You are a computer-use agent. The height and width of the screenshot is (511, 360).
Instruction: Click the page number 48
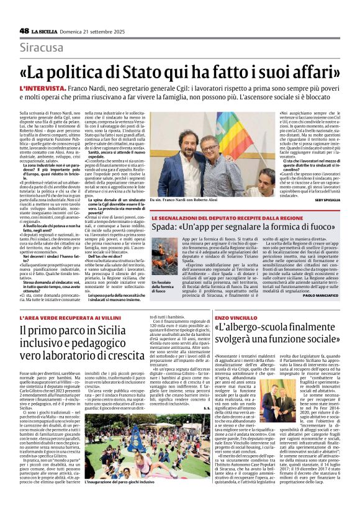(24, 31)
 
